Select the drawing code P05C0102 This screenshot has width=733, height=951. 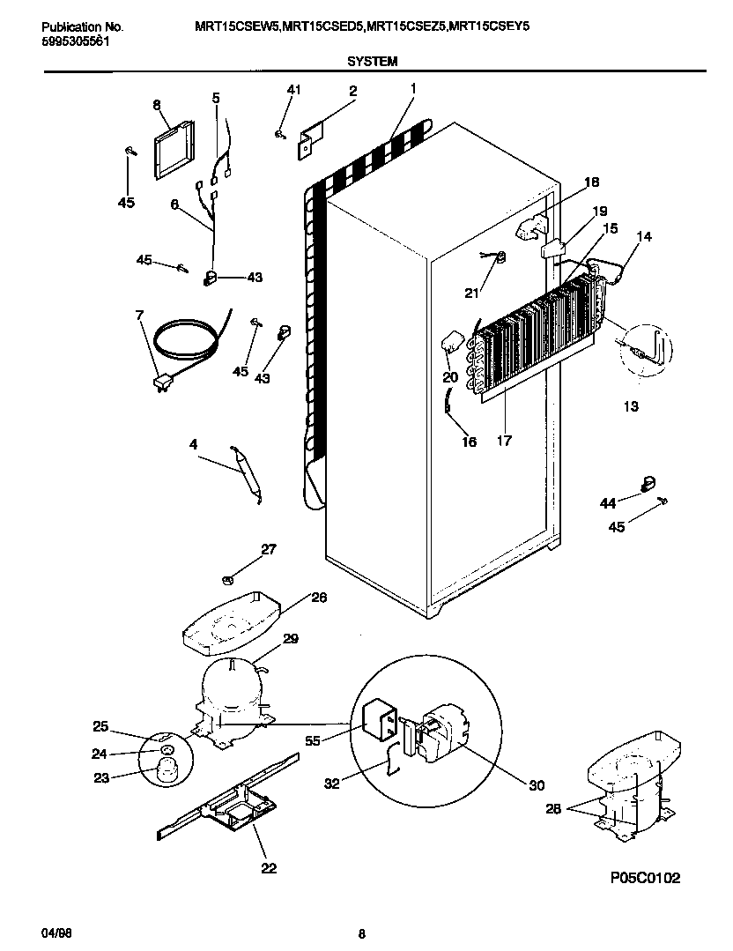pyautogui.click(x=645, y=878)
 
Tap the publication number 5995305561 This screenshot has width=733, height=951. pyautogui.click(x=76, y=41)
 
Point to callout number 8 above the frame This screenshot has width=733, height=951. pyautogui.click(x=157, y=105)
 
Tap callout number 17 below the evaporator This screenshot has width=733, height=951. pyautogui.click(x=505, y=439)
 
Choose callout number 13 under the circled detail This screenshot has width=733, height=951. pyautogui.click(x=630, y=406)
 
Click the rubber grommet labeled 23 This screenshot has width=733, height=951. pyautogui.click(x=167, y=773)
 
